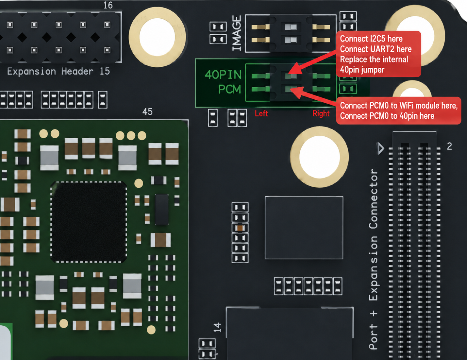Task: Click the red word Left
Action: [x=261, y=113]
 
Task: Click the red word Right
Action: [x=321, y=113]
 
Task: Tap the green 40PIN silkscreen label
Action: [x=223, y=75]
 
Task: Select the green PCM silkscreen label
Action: [x=229, y=89]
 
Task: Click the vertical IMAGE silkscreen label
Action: [x=237, y=33]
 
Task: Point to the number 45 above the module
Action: [x=147, y=111]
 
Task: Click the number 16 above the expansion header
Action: [x=108, y=5]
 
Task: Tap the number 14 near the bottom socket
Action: [x=217, y=327]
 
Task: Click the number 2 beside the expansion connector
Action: [x=449, y=146]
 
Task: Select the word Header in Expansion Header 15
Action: [x=77, y=71]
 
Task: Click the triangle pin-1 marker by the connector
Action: [x=381, y=148]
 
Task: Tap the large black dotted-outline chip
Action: [x=88, y=222]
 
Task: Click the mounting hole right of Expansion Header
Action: [x=157, y=37]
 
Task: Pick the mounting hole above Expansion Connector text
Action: [x=319, y=157]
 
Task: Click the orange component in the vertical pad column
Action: [x=240, y=228]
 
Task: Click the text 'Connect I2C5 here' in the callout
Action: [x=371, y=39]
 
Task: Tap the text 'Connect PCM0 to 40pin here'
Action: [x=387, y=116]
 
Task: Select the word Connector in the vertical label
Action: [x=374, y=199]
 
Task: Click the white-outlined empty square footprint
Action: [x=304, y=228]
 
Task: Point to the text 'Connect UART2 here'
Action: [x=376, y=49]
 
